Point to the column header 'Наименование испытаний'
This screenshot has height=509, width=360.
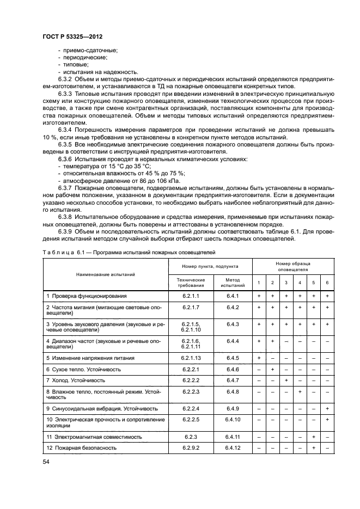105,275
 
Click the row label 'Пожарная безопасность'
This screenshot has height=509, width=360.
82,447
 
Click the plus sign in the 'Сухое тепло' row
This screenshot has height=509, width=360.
272,369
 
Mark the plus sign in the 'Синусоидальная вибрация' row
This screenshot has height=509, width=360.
327,408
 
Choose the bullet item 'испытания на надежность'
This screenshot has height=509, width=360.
93,72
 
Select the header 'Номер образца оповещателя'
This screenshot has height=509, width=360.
293,266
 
